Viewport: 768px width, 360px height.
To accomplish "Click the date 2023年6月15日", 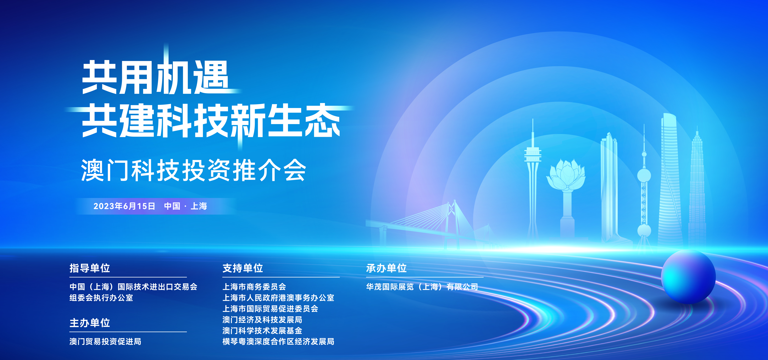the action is coord(124,206).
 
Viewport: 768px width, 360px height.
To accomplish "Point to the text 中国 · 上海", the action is coord(185,206).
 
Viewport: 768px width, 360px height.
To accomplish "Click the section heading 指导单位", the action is coord(90,268).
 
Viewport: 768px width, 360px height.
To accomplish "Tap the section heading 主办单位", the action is coord(90,323).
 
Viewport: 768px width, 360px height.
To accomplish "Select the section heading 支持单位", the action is coord(243,268).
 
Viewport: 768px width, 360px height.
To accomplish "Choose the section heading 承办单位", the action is coord(386,268).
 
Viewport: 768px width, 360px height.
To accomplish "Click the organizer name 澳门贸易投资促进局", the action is coord(105,342).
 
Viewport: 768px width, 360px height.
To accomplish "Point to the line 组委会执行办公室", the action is coord(101,298).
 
